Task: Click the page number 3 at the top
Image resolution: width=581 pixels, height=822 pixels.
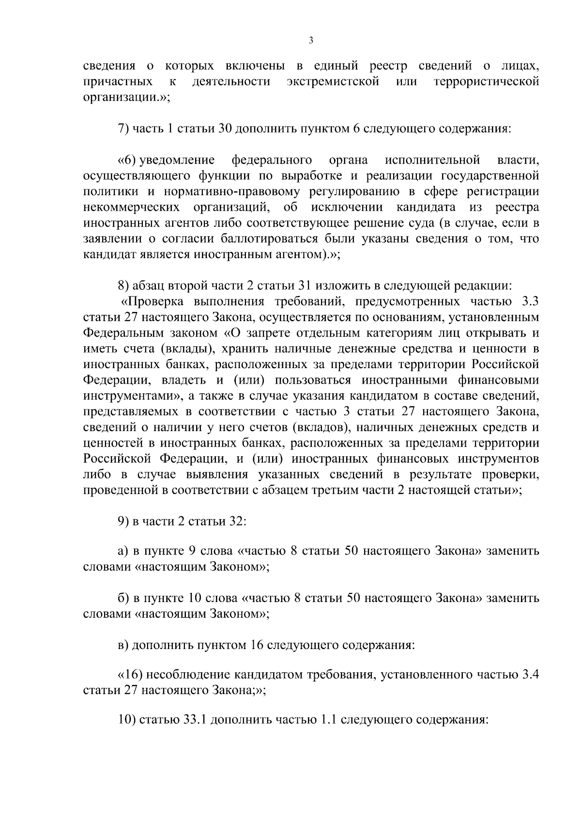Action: (x=311, y=41)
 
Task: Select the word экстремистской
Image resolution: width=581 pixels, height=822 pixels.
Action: (x=333, y=81)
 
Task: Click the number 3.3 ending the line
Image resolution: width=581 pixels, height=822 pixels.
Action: (x=530, y=302)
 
